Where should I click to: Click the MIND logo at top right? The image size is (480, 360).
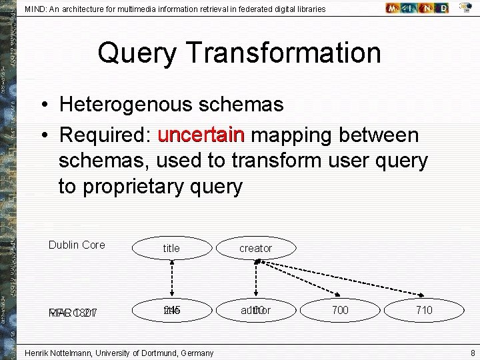417,9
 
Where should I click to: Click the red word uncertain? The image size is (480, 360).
201,135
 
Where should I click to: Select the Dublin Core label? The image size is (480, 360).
77,245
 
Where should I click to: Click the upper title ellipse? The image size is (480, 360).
171,248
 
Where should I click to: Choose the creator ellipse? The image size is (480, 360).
256,248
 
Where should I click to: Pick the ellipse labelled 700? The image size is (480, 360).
340,310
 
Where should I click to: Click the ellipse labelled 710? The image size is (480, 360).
424,310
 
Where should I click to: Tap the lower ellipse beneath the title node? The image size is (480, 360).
171,310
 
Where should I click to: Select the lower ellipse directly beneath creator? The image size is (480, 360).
256,310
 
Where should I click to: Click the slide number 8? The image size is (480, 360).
472,353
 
